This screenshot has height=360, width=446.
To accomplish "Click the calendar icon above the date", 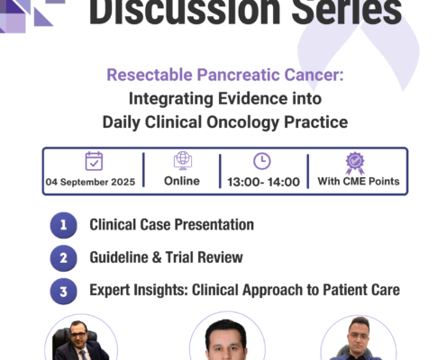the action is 94,161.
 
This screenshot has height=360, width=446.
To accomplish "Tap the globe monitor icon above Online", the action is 183,160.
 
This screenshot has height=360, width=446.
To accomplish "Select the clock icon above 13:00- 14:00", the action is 262,161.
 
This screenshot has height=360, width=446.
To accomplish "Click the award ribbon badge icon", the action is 355,163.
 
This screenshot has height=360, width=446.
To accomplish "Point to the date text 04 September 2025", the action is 90,182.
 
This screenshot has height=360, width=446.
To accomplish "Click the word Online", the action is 182,181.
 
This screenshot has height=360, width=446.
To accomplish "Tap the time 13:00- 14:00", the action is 263,182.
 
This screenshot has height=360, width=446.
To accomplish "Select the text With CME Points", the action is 359,181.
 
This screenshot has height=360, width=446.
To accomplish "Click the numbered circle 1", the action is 63,225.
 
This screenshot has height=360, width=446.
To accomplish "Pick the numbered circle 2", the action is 63,258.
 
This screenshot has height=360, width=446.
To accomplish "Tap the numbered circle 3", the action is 63,292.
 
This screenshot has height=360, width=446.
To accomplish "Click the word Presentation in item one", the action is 214,224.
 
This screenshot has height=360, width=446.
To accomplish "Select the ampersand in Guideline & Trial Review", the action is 157,257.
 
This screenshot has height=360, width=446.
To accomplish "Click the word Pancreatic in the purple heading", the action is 238,75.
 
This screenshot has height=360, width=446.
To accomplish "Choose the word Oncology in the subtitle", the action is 242,122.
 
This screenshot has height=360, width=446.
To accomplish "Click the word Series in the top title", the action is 347,12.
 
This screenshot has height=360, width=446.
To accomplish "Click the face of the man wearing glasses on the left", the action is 78,336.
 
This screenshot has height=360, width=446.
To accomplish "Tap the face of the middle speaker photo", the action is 227,343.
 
